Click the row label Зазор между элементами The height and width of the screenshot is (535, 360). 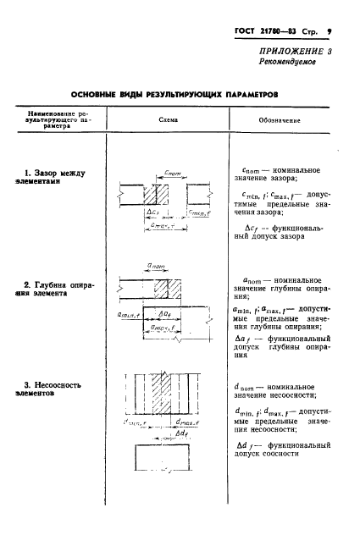[x=55, y=179]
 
